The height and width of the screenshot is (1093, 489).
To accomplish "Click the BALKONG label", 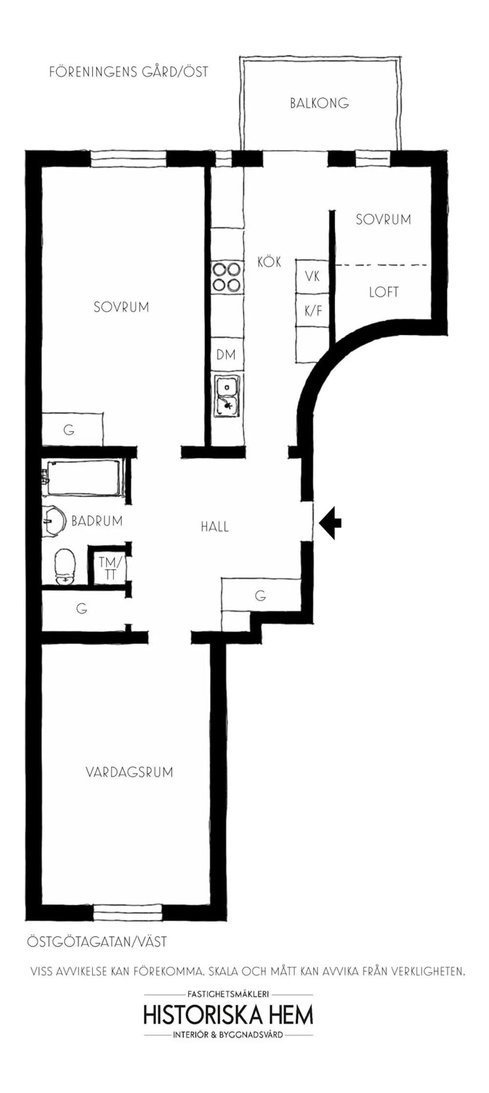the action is point(319,103).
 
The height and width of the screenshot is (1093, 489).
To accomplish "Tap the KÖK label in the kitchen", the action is point(269,262).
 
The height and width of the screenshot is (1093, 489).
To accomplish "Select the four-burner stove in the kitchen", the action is point(227,277).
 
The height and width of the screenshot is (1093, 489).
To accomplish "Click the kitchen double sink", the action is point(227,395).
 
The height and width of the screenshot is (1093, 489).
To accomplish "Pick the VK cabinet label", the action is point(312,276).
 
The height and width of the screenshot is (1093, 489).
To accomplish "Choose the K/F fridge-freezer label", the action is point(313,311).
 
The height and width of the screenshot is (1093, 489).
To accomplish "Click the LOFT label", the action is point(384,293).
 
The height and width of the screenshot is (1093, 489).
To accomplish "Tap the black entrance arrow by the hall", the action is point(331,523).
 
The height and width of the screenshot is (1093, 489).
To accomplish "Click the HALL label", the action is point(215,527).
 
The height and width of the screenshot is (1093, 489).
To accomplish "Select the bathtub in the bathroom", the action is point(83,478).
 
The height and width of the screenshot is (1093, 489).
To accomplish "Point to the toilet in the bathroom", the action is point(65,567).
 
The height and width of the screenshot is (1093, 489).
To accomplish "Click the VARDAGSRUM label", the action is point(130,772).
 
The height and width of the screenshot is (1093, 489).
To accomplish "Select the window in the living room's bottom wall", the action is point(127,912).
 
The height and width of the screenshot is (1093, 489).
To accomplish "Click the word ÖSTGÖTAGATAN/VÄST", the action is point(97,942).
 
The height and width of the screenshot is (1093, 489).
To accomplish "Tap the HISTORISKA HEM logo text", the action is point(228,1016).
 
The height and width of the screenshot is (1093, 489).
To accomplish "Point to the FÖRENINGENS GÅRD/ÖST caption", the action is point(129,72).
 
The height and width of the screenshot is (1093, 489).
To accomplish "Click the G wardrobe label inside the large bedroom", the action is point(69,430).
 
